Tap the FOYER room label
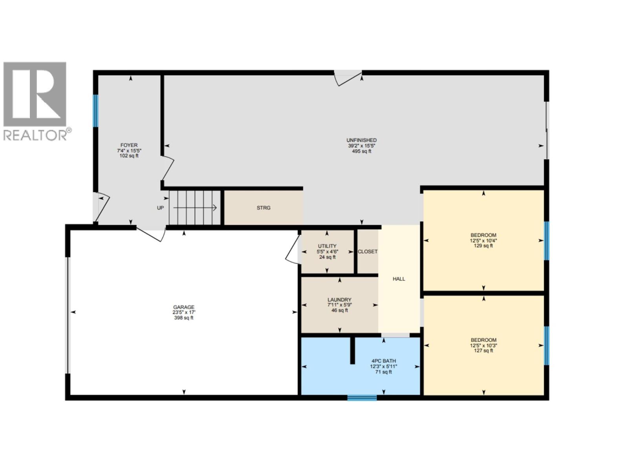(x=129, y=145)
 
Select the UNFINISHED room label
(x=361, y=140)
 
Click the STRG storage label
(x=263, y=208)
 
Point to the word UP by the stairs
(x=160, y=208)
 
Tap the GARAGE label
(x=184, y=307)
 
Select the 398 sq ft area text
(x=184, y=318)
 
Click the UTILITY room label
(x=327, y=246)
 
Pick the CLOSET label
(x=367, y=252)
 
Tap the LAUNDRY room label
(x=340, y=299)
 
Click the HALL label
(x=399, y=279)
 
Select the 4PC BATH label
(x=383, y=361)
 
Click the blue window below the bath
(x=362, y=398)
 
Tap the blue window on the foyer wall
(x=95, y=111)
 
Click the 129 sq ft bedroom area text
(x=483, y=246)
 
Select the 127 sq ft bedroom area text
(x=483, y=351)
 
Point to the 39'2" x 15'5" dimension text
(x=361, y=146)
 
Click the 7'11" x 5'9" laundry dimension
(x=340, y=305)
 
